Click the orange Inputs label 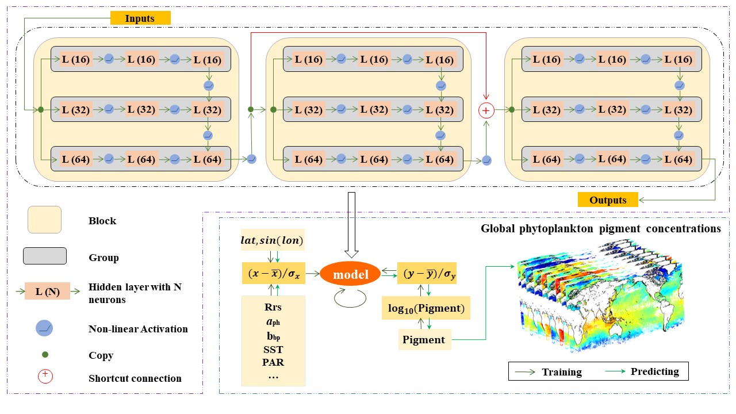140,18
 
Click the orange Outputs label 608,200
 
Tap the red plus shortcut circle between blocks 487,109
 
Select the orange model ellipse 351,275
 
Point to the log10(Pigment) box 425,308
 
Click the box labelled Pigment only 424,339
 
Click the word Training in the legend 562,371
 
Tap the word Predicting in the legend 654,371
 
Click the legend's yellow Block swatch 44,220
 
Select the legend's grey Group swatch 44,256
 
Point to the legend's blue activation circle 45,328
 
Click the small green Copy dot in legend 45,355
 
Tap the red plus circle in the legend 45,377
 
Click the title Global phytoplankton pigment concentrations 601,228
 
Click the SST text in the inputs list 273,350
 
